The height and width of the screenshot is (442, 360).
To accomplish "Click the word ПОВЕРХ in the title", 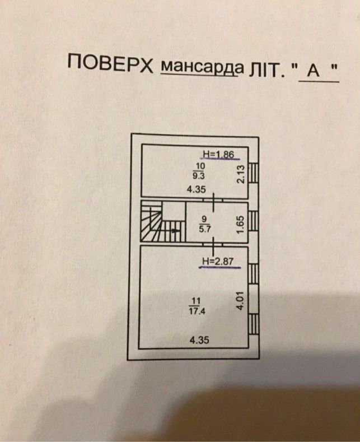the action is (x=110, y=64).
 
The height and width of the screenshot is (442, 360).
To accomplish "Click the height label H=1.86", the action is (x=218, y=154).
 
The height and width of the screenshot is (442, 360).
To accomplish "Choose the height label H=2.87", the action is (x=218, y=261).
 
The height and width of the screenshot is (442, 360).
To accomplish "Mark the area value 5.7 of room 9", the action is (x=205, y=229).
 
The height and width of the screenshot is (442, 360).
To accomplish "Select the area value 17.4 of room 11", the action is (x=198, y=311).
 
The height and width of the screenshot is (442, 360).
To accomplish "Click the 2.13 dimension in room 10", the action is (x=241, y=175).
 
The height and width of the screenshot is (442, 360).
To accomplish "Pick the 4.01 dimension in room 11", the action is (x=240, y=301).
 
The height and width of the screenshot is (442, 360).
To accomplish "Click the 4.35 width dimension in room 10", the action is (x=196, y=189).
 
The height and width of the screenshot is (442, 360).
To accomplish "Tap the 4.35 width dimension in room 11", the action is (x=199, y=340).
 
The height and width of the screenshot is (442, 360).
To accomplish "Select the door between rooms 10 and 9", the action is (x=213, y=201).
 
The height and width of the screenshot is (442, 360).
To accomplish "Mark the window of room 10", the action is (x=254, y=173).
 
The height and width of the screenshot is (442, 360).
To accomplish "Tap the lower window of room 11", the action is (x=254, y=324).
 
